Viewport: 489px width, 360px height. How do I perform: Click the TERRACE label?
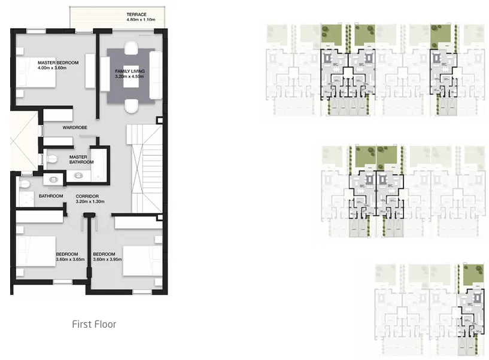click(136, 14)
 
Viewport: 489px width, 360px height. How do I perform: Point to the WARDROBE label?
click(75, 127)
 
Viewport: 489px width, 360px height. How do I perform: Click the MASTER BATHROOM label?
click(81, 160)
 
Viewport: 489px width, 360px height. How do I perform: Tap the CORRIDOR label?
click(87, 196)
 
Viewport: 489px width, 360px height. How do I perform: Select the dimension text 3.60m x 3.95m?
click(107, 259)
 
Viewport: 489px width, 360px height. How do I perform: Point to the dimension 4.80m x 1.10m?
click(141, 20)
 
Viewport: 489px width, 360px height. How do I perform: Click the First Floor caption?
click(94, 325)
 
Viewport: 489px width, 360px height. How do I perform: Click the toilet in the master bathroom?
click(53, 159)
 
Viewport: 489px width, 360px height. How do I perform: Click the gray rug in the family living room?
click(131, 75)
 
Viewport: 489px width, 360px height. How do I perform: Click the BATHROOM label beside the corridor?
click(51, 196)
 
